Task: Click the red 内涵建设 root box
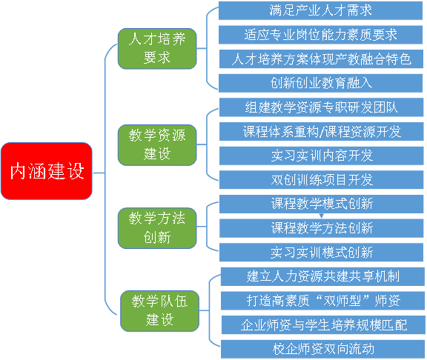click(x=47, y=171)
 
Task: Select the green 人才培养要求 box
click(x=157, y=48)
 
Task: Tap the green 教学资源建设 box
click(x=157, y=144)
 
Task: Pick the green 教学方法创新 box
click(x=157, y=228)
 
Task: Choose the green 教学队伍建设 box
click(x=160, y=311)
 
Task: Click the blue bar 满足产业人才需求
click(x=320, y=10)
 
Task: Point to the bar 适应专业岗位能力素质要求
click(x=320, y=35)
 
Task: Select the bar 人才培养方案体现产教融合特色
click(x=321, y=59)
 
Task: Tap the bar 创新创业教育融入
click(x=320, y=83)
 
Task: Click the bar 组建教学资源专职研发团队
click(x=321, y=107)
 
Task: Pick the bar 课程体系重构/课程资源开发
click(x=321, y=131)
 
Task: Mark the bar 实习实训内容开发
click(x=321, y=156)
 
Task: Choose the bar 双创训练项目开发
click(x=321, y=179)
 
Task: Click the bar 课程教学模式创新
click(x=321, y=204)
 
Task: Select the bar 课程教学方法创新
click(x=321, y=228)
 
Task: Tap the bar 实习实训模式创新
click(x=321, y=253)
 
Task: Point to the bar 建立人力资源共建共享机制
click(x=322, y=276)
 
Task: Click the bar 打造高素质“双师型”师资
click(x=322, y=301)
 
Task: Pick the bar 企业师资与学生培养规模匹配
click(x=323, y=325)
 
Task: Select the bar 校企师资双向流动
click(x=322, y=349)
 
